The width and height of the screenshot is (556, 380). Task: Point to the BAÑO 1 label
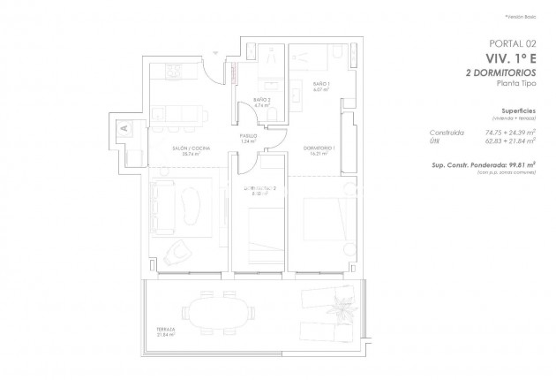point(320,84)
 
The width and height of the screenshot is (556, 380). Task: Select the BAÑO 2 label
point(260,100)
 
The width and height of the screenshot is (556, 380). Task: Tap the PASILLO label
point(248,136)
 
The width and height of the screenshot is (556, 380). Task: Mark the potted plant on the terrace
point(339,308)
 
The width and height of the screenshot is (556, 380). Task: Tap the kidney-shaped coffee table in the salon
point(191,209)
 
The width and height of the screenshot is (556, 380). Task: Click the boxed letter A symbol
point(124,129)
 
